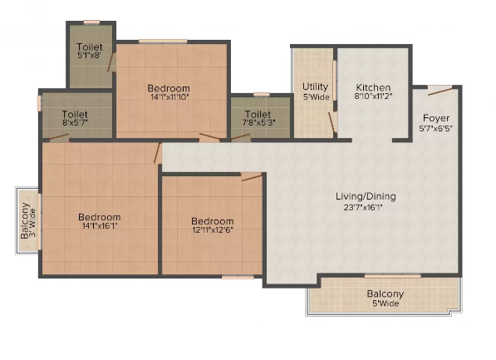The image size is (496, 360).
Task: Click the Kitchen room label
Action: [373, 87]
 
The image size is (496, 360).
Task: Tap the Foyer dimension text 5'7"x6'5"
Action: [436, 128]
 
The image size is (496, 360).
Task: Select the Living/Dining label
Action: [366, 196]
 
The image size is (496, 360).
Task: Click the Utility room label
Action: [315, 86]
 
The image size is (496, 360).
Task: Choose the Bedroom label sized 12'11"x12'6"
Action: [213, 221]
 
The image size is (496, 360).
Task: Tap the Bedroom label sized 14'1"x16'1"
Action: [100, 217]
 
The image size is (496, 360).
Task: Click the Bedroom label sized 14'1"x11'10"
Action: [169, 88]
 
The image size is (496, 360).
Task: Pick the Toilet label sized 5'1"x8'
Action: [90, 47]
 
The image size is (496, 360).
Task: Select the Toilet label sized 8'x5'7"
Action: [75, 114]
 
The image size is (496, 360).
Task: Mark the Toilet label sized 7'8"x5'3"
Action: [258, 114]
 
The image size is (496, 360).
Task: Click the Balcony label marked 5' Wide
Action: [386, 293]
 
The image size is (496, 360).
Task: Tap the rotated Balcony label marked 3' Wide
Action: [25, 220]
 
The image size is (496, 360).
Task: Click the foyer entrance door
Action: [440, 91]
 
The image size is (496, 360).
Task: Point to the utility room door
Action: [331, 122]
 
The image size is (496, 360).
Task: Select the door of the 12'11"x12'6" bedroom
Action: [252, 177]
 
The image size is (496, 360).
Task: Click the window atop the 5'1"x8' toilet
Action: [91, 22]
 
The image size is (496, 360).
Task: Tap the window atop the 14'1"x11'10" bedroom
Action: [163, 42]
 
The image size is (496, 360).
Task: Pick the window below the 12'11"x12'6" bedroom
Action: [238, 278]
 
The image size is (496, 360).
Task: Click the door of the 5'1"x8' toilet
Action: [111, 62]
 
